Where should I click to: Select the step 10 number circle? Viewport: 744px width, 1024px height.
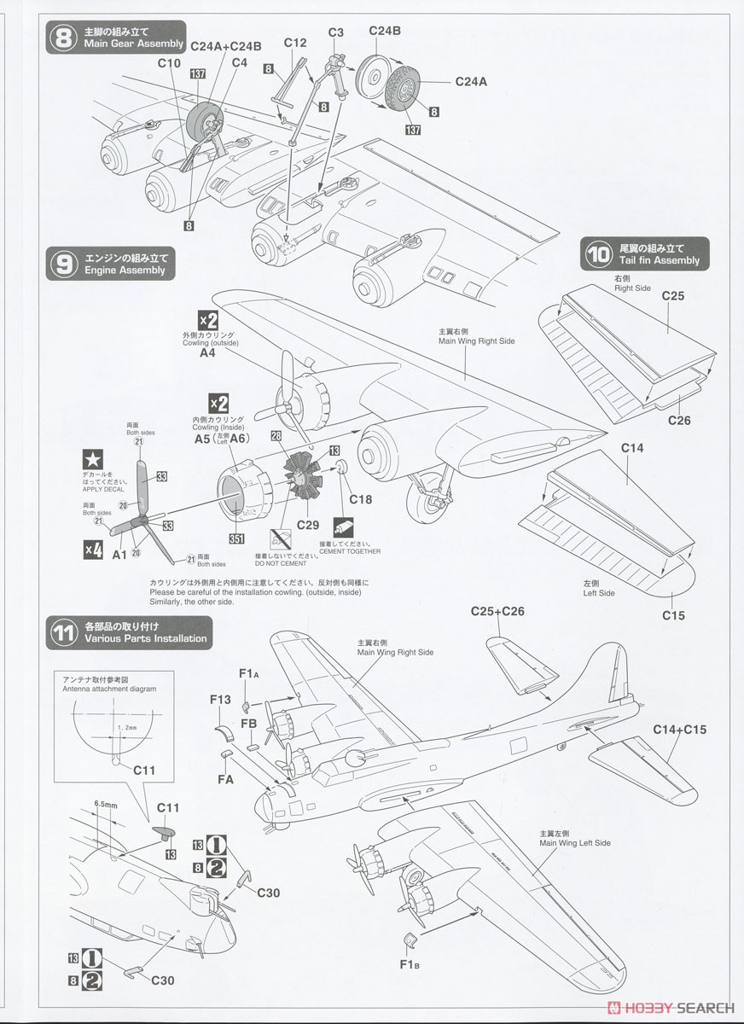(x=596, y=253)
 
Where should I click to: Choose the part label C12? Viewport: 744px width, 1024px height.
(x=295, y=42)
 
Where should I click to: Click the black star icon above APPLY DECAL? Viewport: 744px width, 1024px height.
(x=91, y=462)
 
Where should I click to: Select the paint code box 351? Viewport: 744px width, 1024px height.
(x=236, y=539)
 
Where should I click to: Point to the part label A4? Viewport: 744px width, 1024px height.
(x=208, y=352)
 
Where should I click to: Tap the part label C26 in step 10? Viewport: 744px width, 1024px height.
(x=679, y=420)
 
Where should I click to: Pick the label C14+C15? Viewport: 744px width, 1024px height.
(x=680, y=730)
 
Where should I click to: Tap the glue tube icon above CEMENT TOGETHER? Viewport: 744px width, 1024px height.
(x=344, y=525)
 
